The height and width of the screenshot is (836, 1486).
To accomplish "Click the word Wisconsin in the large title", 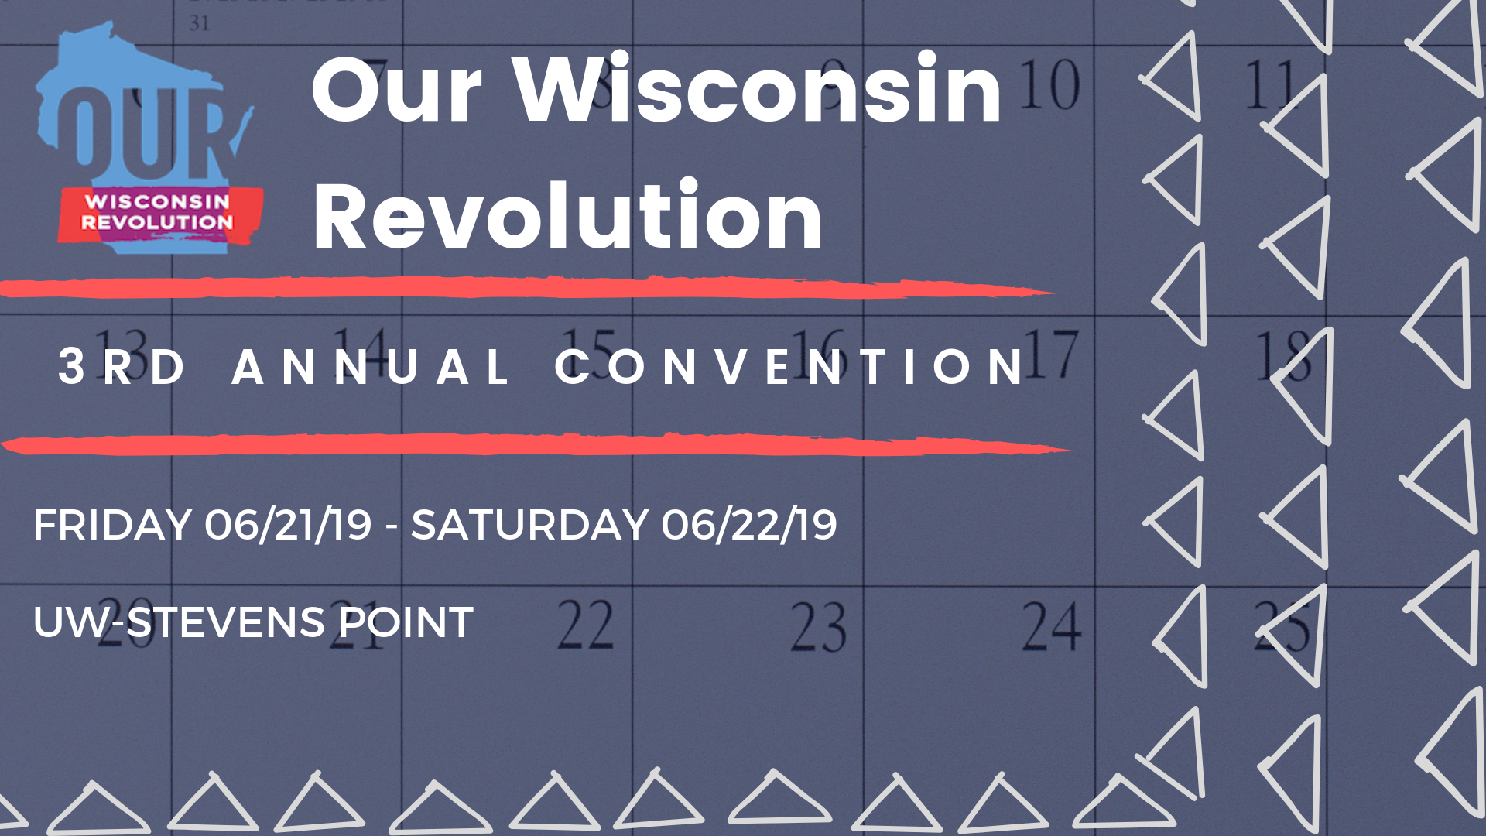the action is [758, 88].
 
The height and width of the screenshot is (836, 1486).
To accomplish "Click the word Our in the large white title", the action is [397, 90].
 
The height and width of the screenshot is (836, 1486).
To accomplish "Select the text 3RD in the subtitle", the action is [122, 366].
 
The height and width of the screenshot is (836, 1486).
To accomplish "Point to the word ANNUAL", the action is [371, 366].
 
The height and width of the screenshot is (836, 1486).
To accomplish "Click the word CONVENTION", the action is [789, 366].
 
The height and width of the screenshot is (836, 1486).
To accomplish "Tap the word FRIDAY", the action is [113, 525].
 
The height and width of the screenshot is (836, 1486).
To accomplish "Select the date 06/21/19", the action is [288, 525].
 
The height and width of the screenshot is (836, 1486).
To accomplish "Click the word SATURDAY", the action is [529, 525].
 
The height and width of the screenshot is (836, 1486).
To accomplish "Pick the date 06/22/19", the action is [749, 525].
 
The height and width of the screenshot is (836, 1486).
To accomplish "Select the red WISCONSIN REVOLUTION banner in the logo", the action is [159, 214].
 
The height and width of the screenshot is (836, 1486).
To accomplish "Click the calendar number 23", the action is [818, 626].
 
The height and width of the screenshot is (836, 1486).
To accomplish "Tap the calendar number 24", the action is [1052, 625].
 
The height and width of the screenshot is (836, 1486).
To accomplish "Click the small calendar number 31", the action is [199, 23].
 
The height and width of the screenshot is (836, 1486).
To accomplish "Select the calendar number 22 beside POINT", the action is [586, 625].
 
